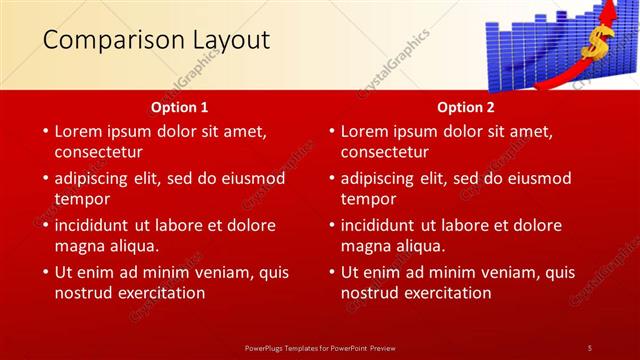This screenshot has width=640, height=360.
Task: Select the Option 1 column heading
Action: tap(180, 106)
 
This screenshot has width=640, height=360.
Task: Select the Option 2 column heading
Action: tap(466, 106)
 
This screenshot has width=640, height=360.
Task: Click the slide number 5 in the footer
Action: tap(589, 347)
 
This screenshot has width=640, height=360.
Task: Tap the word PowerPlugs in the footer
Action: tap(266, 347)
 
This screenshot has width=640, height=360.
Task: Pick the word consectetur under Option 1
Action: tap(98, 152)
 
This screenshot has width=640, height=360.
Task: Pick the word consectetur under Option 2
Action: tap(384, 152)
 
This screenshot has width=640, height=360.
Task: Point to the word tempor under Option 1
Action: tap(82, 198)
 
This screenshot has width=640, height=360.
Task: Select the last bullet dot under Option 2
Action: tap(331, 272)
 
